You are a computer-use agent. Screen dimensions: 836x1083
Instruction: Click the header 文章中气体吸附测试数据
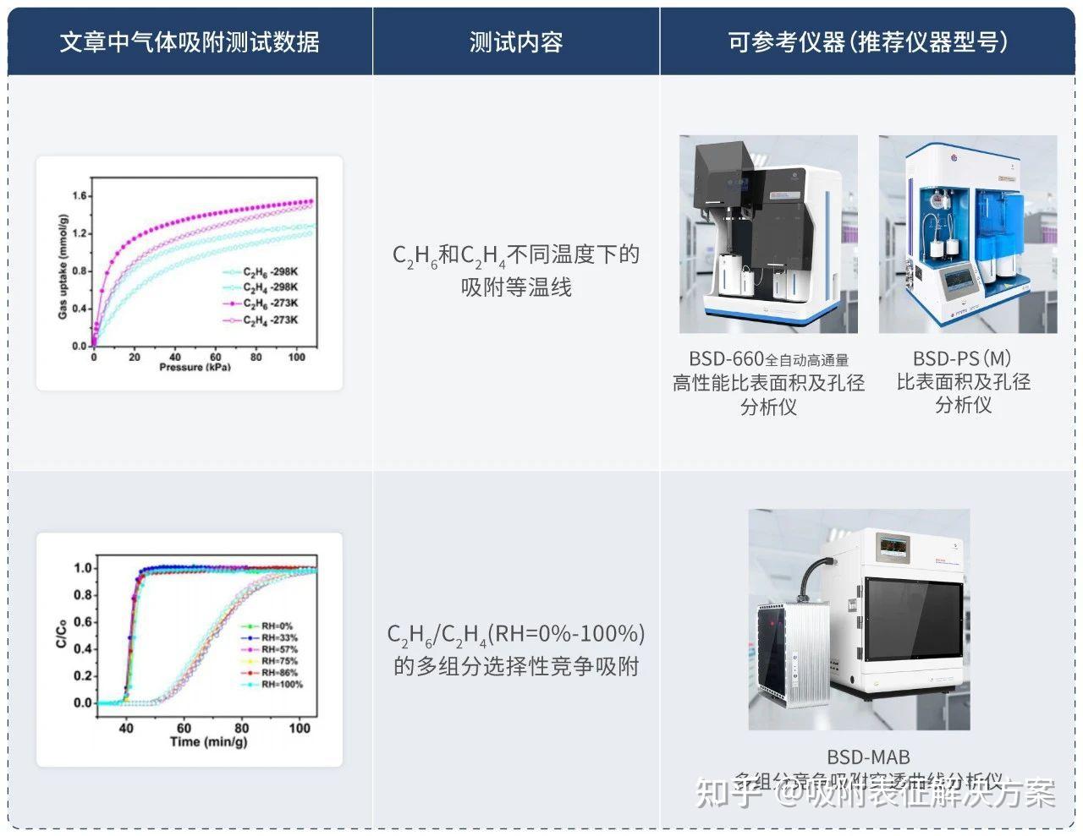(x=190, y=41)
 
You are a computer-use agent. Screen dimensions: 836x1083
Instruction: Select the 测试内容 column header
(x=515, y=41)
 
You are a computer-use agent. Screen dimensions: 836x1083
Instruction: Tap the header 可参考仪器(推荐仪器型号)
(x=869, y=41)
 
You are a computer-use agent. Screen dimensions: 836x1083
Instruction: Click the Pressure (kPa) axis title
(x=195, y=368)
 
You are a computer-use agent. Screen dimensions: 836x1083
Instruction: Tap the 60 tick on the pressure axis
(x=215, y=357)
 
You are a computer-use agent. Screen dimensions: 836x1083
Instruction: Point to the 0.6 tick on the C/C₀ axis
(x=82, y=622)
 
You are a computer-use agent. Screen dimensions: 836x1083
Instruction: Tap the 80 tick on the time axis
(x=242, y=728)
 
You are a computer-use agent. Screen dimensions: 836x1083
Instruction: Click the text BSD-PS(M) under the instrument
(x=962, y=358)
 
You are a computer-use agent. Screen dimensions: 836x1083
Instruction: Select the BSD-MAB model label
(x=868, y=757)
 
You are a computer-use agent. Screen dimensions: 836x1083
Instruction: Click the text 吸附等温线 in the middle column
(x=516, y=287)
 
